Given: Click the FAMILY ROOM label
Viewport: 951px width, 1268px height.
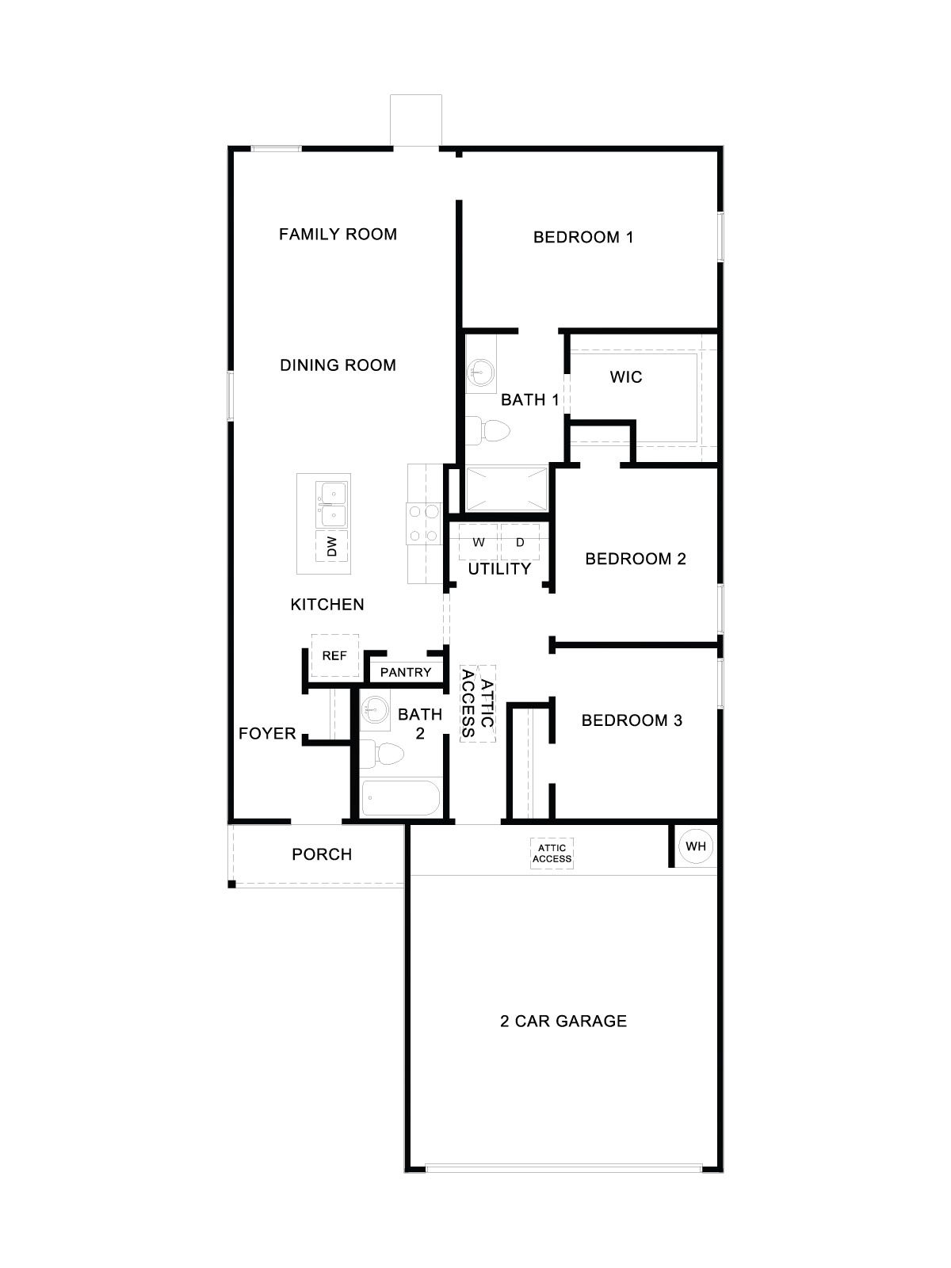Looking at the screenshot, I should coord(338,234).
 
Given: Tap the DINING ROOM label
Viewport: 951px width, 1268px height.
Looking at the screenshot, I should coord(338,365).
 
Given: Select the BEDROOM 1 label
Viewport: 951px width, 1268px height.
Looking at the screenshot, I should coord(583,237).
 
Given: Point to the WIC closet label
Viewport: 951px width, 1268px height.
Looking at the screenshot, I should coord(626,377).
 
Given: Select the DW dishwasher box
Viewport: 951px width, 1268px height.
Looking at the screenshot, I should coord(332,546).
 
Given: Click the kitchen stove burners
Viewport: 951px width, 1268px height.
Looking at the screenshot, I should coord(422,523).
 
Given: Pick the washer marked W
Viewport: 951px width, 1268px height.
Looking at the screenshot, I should coord(479,543).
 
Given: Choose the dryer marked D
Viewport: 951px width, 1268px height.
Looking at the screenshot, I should coord(520,543).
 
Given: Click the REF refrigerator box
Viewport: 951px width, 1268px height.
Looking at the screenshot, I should coord(334,656).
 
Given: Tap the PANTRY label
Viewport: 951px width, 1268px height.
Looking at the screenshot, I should coord(406,672).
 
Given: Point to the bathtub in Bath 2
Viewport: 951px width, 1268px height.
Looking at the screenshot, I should coord(399,798).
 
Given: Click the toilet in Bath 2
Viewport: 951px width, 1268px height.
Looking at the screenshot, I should coord(383,753).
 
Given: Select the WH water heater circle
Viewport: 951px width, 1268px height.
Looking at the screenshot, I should coord(696,846).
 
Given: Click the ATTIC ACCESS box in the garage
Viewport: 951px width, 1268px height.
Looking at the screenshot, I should coord(552,854).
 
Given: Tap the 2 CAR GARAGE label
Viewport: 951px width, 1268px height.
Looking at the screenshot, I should coord(563,1021).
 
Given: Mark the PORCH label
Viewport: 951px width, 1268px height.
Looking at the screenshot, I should coord(322,854).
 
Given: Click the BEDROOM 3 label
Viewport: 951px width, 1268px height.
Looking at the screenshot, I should coord(632,720).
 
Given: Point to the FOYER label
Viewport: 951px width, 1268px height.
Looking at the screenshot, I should coord(267,734).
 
